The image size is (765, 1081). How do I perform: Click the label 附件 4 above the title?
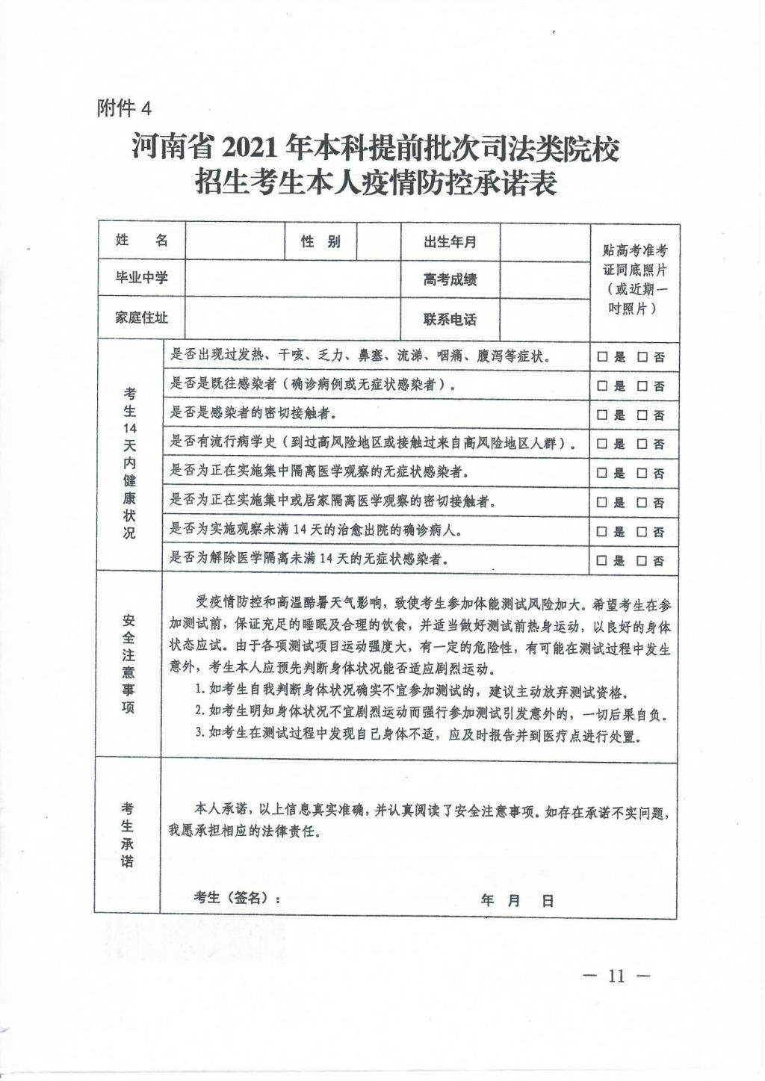point(124,108)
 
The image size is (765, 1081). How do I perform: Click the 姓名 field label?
point(141,241)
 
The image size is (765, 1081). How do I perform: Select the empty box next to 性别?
point(379,241)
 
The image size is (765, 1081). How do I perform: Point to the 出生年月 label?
point(450,242)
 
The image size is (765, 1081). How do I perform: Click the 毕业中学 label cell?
point(141,278)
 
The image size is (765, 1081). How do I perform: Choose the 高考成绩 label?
point(450,280)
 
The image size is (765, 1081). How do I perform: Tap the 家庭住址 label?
point(141,318)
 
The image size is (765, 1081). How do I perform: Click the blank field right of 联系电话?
point(544,319)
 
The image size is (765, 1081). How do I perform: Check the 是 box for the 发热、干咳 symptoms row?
point(602,357)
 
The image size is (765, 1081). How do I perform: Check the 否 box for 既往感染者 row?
point(642,386)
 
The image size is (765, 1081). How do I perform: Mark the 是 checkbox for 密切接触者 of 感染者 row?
point(602,415)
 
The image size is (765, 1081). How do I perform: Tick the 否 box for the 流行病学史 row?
point(642,445)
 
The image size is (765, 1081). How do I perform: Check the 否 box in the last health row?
point(642,561)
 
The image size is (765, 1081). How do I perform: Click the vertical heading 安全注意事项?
point(128,664)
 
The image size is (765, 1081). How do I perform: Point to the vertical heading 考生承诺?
point(128,834)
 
